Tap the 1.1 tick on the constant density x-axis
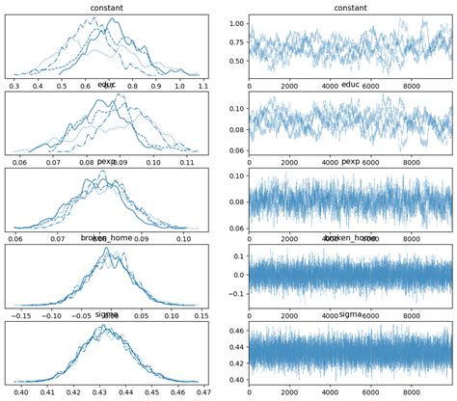pos(201,86)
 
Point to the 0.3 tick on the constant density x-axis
pos(14,86)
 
